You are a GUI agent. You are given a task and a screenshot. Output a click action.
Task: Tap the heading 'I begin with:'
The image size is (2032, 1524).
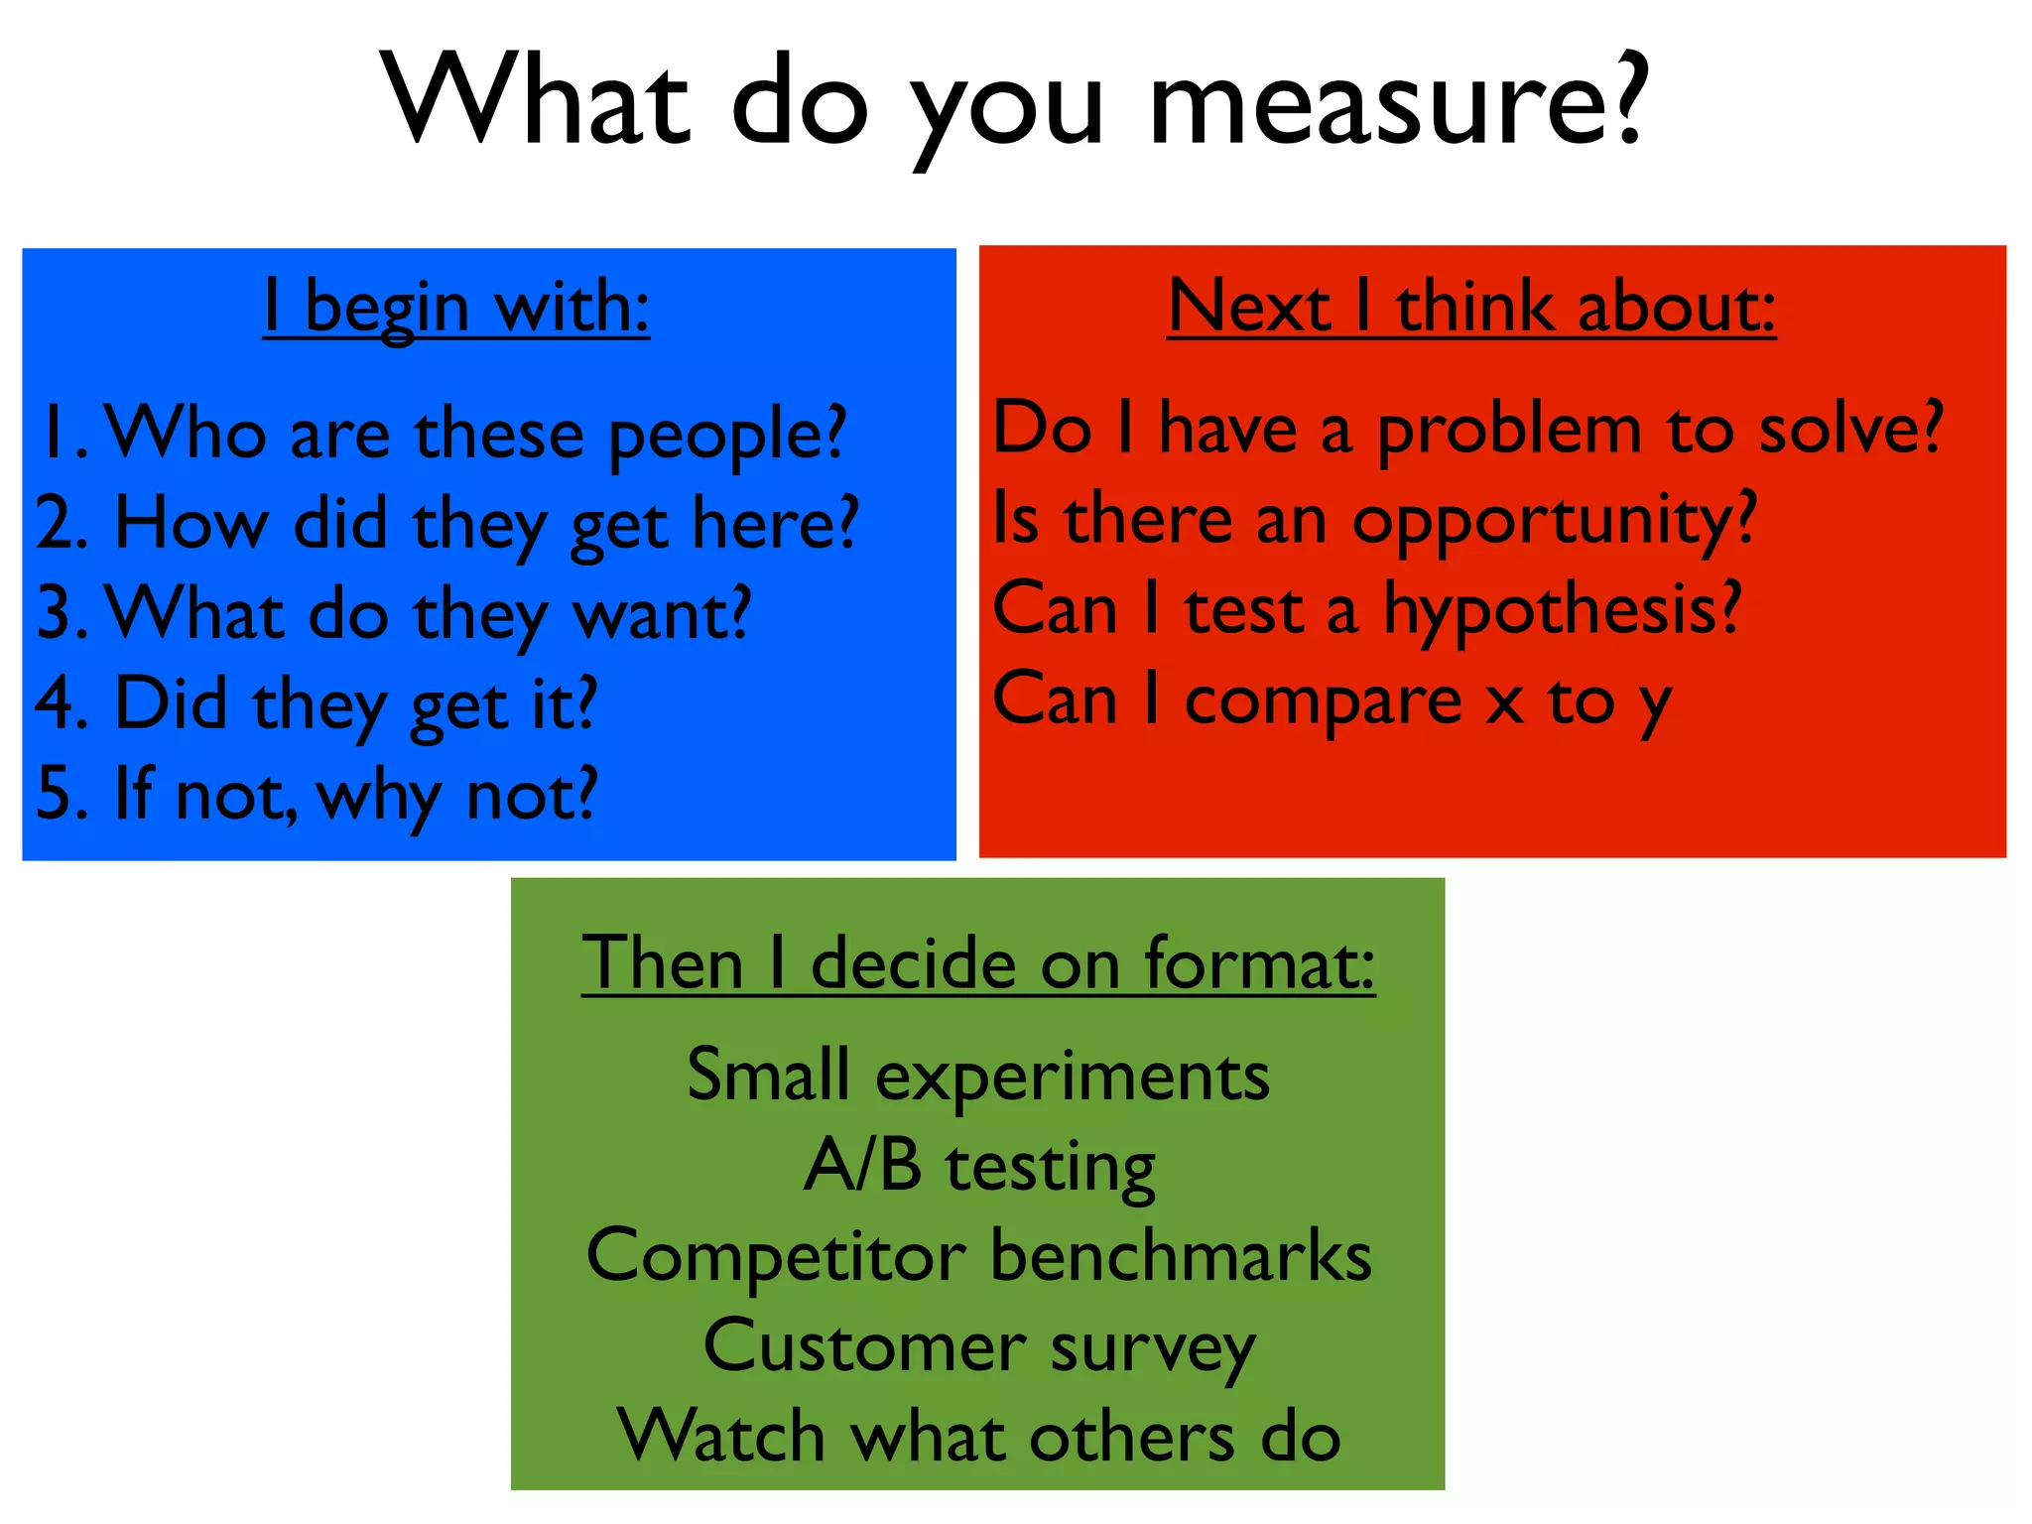click(456, 307)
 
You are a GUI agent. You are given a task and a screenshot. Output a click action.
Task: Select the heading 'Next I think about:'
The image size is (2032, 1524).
click(1471, 307)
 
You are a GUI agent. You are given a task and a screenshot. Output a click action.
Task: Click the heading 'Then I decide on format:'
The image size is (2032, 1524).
click(978, 962)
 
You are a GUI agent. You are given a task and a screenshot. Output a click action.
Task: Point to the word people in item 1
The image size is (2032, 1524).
click(726, 437)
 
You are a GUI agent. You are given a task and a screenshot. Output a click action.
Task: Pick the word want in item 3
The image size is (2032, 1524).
click(662, 614)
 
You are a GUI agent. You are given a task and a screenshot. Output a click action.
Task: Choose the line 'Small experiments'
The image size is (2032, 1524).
click(978, 1075)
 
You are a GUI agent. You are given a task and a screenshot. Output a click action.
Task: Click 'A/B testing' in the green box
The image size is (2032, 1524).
click(979, 1166)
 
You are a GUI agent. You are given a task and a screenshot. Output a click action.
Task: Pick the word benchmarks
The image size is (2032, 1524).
click(1181, 1255)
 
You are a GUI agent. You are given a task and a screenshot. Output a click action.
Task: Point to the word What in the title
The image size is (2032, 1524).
click(536, 102)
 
